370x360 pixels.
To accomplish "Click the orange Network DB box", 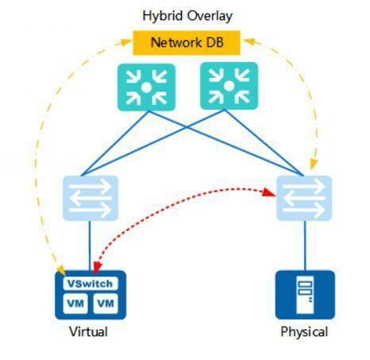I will click(x=187, y=42).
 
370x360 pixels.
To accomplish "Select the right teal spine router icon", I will click(x=230, y=86).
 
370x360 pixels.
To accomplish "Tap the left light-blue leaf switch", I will click(x=90, y=198).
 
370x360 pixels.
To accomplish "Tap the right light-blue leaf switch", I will click(x=304, y=198).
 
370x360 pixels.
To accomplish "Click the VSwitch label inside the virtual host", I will click(x=90, y=284).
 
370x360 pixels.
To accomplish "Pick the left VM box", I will click(x=75, y=304).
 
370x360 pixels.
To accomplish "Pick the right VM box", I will click(x=105, y=304).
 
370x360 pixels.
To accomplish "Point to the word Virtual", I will click(x=88, y=331).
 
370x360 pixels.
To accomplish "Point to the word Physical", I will click(x=304, y=331).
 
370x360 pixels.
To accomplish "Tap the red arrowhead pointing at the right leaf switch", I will click(x=268, y=192).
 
